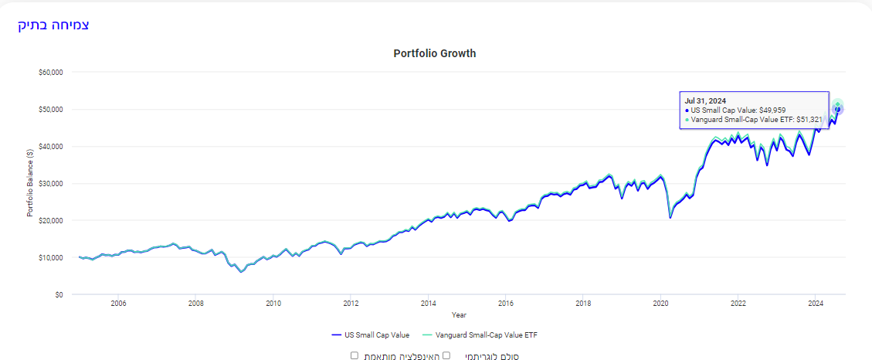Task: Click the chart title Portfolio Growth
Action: coord(435,54)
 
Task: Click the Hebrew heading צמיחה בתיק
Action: coord(53,25)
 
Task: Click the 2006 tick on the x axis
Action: coord(118,304)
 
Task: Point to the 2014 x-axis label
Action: coord(428,304)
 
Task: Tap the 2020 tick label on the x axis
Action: coord(660,304)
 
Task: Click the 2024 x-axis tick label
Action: coord(815,304)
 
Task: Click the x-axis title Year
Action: coord(459,314)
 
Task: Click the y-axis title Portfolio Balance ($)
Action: coord(30,184)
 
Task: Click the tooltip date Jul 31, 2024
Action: coord(705,100)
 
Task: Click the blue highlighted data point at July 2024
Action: coord(838,109)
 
